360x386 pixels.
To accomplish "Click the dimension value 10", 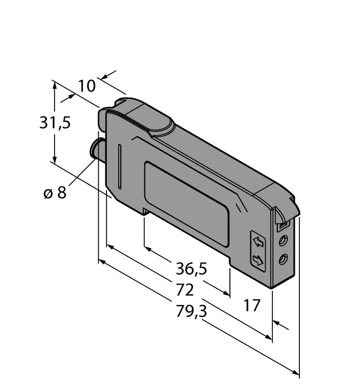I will pyautogui.click(x=87, y=86).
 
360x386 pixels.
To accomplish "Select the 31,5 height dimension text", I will pyautogui.click(x=55, y=122).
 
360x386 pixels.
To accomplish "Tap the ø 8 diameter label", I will pyautogui.click(x=55, y=192).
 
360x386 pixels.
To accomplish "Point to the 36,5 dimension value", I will pyautogui.click(x=191, y=269).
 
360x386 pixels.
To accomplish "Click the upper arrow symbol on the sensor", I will pyautogui.click(x=257, y=241).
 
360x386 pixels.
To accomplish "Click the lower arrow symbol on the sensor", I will pyautogui.click(x=257, y=260).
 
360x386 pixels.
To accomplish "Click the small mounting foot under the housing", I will pyautogui.click(x=146, y=211).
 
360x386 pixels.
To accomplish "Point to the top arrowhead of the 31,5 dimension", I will pyautogui.click(x=54, y=84).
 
